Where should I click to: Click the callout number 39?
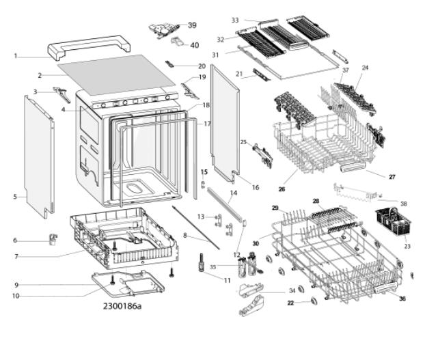(192, 25)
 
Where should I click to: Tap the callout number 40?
(195, 45)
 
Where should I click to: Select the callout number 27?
(392, 176)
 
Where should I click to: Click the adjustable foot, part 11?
(202, 262)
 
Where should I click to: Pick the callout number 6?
(15, 240)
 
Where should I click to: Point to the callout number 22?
(290, 303)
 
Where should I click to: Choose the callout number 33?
(235, 20)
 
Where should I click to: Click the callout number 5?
(15, 197)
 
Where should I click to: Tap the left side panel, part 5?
(38, 154)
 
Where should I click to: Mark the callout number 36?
(402, 298)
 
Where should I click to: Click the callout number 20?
(202, 66)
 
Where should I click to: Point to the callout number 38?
(403, 204)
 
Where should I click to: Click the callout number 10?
(15, 296)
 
